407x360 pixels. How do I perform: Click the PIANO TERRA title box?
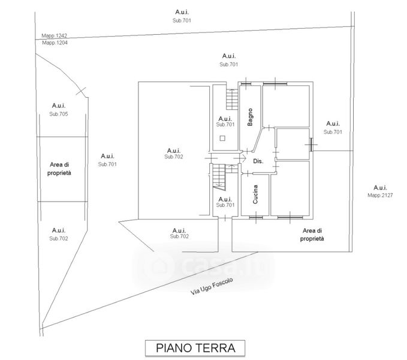tap(195, 348)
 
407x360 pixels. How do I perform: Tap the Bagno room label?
tap(250, 117)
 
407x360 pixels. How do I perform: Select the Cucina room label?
tap(255, 194)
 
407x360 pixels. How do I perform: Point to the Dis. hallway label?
tap(258, 161)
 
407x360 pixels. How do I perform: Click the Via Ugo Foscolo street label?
tap(212, 286)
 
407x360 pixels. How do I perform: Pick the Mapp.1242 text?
tap(55, 35)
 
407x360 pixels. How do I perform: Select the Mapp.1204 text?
tap(55, 43)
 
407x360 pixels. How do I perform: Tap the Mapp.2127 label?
tap(380, 195)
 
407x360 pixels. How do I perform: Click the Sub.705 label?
tap(59, 114)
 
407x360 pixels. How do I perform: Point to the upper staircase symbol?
tap(232, 99)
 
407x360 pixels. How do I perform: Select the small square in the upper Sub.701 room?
tap(222, 139)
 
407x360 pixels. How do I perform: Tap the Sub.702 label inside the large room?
tap(174, 157)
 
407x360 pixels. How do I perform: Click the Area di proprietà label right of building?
tap(312, 235)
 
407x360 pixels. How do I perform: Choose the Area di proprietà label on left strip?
tap(59, 169)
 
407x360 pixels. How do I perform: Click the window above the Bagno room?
tap(246, 83)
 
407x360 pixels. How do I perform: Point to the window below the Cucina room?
tap(256, 218)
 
